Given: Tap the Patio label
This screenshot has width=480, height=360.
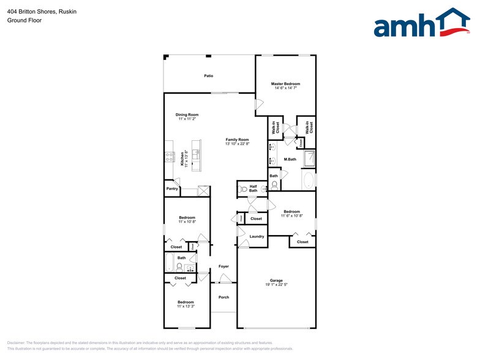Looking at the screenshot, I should (209, 76).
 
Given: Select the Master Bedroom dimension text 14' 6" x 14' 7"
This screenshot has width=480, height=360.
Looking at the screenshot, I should (286, 88).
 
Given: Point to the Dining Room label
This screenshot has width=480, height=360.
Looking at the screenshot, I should (187, 114).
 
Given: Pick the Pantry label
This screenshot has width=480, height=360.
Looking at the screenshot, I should (172, 189).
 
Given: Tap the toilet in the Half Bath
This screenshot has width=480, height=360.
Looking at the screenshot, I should (242, 189).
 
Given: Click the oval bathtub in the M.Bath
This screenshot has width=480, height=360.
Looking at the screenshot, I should (309, 180).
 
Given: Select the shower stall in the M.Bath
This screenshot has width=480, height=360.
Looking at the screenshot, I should (309, 159).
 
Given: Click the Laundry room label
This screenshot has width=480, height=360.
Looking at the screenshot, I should (257, 236).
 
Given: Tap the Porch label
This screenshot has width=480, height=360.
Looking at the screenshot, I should (224, 298).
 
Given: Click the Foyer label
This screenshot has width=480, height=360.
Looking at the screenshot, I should (224, 266).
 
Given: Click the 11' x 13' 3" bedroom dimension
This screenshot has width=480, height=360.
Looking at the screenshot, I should (186, 307).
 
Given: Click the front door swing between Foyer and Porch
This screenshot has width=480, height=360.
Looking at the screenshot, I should (225, 279).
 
